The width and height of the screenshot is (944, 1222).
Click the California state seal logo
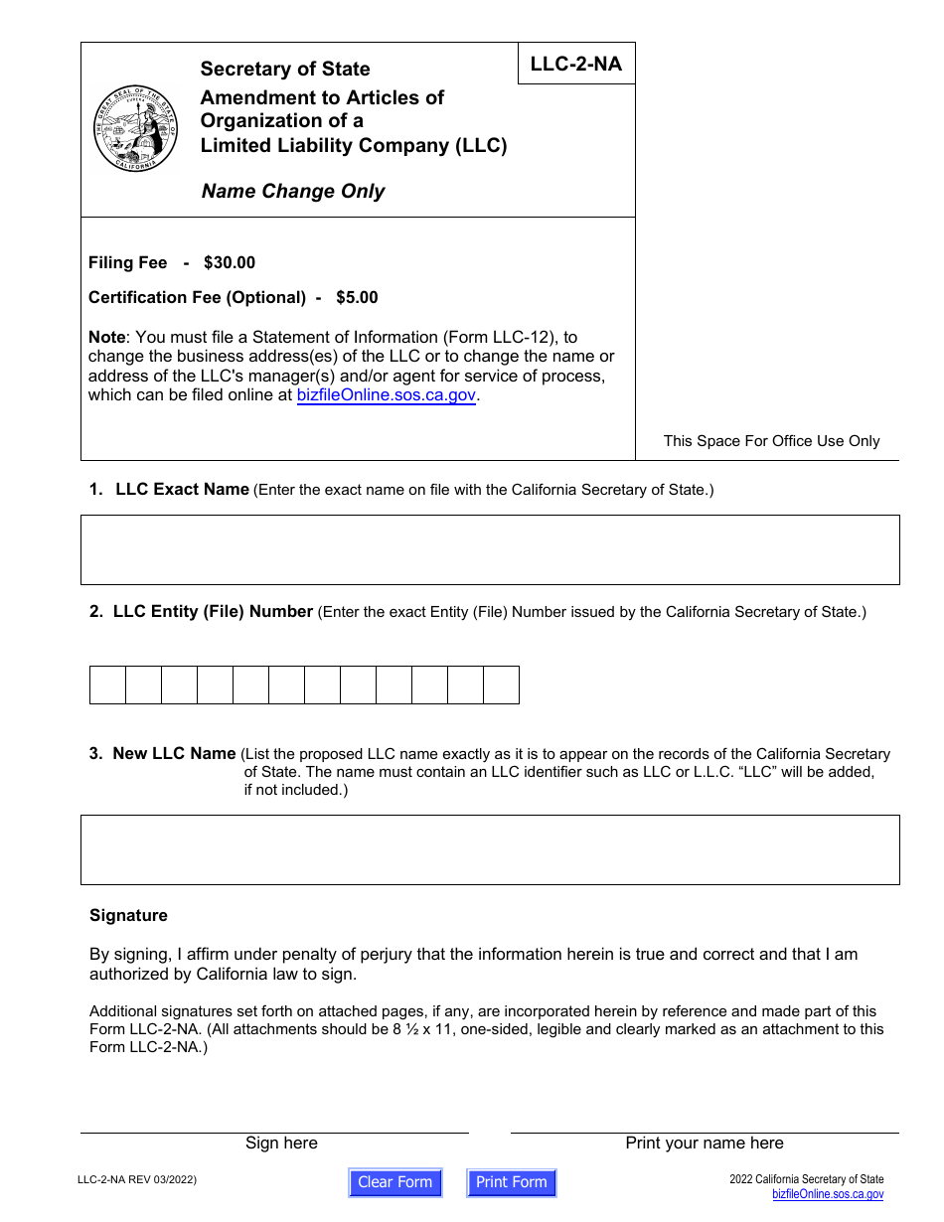coord(135,129)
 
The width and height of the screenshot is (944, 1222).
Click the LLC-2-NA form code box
coord(576,65)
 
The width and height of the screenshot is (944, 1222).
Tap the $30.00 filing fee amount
coord(230,263)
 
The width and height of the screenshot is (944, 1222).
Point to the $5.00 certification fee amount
coord(357,298)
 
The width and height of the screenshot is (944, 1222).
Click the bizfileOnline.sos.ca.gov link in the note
coord(387,395)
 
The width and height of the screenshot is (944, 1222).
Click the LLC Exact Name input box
coord(490,549)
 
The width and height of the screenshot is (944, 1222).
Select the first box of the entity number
coord(107,686)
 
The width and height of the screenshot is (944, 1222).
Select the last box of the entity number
coord(501,686)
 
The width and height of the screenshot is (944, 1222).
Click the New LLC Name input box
coord(490,849)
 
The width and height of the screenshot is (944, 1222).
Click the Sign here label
coord(281,1144)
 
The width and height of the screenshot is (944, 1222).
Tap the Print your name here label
coord(705,1144)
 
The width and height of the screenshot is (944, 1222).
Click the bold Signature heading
coord(128,916)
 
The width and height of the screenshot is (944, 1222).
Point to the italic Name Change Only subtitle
coord(293,192)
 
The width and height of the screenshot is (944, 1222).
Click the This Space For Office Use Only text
coord(771,441)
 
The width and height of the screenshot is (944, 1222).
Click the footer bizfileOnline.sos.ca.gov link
coord(828,1195)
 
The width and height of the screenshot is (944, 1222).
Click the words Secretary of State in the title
coord(285,70)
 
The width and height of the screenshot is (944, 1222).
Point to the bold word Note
coord(106,338)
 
